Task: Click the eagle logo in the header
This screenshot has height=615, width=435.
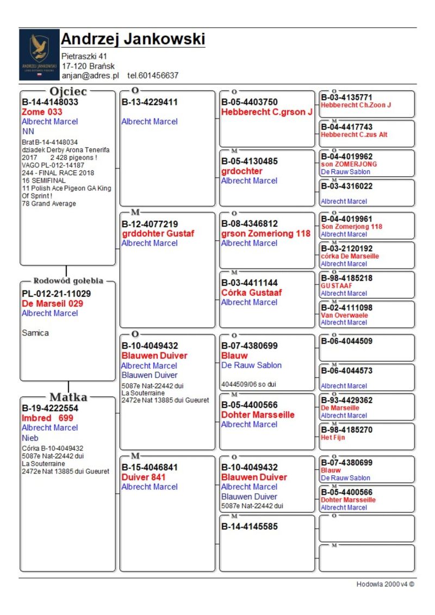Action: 39,54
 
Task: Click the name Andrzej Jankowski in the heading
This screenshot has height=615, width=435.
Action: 133,39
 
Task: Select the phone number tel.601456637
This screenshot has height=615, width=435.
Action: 153,76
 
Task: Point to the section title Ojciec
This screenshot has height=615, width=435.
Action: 68,91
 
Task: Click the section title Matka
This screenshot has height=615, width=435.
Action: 68,397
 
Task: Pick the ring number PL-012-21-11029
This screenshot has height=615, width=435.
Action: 57,294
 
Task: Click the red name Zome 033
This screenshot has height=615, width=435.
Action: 42,111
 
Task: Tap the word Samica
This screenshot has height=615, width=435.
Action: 35,333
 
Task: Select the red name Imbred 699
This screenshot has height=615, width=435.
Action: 47,418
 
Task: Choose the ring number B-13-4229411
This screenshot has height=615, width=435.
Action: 150,102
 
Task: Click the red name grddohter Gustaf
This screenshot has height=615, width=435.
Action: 158,233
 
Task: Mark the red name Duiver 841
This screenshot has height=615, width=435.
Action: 144,477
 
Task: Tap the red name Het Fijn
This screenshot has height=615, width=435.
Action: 333,437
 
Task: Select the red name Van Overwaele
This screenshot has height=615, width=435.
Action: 344,315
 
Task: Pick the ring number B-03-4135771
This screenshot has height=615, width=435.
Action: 347,97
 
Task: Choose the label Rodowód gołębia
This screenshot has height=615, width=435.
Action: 68,281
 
